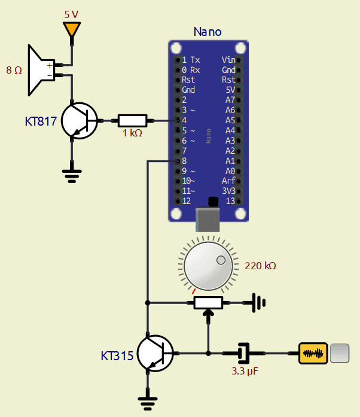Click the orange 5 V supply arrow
click(72, 29)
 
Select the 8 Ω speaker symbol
click(40, 69)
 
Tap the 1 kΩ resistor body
click(132, 120)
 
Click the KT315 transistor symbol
click(154, 353)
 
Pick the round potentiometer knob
click(208, 265)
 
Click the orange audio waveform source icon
click(313, 353)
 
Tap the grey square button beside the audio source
click(339, 353)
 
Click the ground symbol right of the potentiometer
click(258, 303)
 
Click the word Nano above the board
click(208, 32)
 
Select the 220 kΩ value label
click(261, 266)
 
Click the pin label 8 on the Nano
click(184, 161)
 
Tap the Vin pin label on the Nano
click(228, 60)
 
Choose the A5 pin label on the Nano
click(230, 120)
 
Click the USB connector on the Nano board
click(208, 219)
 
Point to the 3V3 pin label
click(228, 191)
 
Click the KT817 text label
click(41, 121)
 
